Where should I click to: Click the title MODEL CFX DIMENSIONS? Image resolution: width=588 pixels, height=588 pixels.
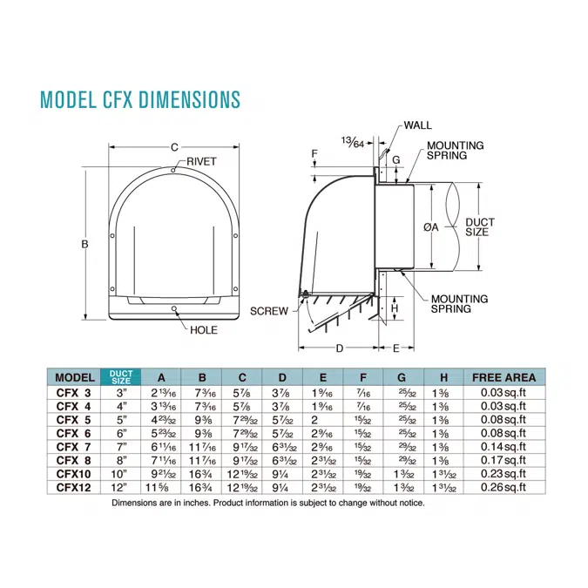140,99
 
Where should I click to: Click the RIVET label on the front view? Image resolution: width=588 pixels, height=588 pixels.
201,162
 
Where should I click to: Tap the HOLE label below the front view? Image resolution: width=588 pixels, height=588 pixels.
204,330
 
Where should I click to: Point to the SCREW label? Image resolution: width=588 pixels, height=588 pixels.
268,311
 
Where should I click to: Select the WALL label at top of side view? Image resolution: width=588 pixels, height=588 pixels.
417,125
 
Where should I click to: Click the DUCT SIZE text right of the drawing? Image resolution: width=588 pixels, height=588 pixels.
480,227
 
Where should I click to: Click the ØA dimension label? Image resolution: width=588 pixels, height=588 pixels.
430,226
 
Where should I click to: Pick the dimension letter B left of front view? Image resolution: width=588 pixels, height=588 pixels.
85,245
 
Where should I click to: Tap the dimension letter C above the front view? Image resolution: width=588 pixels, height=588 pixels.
174,147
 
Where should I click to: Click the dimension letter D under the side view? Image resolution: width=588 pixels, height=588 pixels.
339,348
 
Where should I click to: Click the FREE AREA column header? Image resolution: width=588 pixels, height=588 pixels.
504,377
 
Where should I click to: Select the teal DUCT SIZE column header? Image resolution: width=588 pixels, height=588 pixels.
121,377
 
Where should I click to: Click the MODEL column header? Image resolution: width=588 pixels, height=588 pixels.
75,377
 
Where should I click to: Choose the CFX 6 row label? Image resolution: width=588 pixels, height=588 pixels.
75,432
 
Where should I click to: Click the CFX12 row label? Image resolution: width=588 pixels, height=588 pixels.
75,487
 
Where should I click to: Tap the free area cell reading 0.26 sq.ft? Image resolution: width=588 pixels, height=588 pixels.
504,487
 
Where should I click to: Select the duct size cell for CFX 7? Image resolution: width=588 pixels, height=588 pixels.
121,446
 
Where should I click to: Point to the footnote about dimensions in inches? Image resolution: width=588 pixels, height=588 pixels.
267,504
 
